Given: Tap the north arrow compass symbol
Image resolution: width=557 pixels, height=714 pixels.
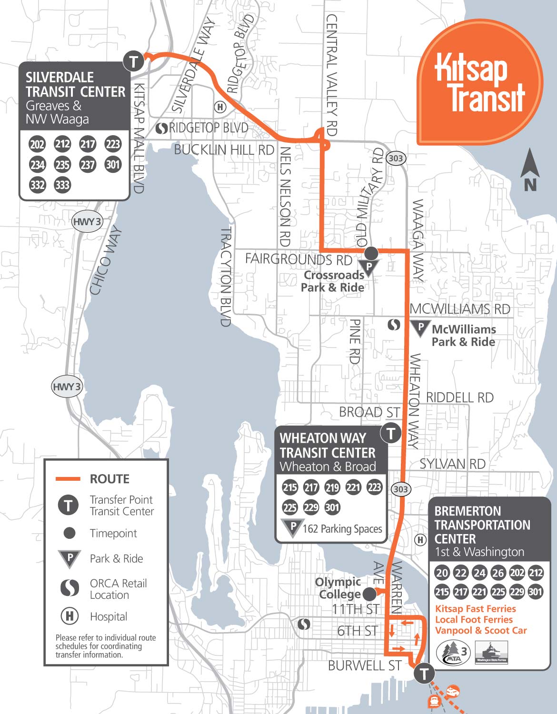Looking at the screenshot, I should (x=529, y=170).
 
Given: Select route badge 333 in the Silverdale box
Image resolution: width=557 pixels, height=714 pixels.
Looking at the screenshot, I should (x=62, y=185).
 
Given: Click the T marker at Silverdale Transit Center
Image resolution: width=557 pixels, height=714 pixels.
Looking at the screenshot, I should (x=133, y=61).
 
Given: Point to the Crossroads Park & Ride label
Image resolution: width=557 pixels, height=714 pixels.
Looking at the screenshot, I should (x=333, y=281).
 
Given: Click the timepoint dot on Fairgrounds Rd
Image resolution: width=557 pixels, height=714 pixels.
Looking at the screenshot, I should (x=371, y=252).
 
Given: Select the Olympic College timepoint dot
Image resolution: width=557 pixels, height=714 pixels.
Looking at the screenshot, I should (x=369, y=594).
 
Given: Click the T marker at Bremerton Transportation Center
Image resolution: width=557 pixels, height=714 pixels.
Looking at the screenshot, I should (x=424, y=674).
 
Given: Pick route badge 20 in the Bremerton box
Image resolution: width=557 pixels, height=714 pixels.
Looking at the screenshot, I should (x=442, y=573).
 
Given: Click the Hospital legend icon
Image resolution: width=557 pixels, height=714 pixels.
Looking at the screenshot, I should (x=70, y=616).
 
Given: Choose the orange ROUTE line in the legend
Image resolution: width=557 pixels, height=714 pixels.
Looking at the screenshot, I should (x=68, y=479).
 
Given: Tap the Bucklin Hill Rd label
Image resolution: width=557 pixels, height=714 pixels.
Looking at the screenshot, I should (x=224, y=149).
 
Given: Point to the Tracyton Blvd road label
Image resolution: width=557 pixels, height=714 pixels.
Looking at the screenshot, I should (x=226, y=276).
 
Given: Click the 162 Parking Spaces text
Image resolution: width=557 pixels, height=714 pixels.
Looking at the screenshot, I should (x=342, y=529).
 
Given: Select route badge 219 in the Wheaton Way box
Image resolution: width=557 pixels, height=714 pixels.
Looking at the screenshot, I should (x=332, y=487).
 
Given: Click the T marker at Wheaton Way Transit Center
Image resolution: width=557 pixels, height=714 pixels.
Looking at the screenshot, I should (x=391, y=433).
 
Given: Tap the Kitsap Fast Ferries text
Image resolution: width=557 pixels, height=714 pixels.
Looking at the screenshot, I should (x=475, y=608).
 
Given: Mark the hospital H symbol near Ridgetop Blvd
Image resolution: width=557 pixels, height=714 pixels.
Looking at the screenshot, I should (x=219, y=107).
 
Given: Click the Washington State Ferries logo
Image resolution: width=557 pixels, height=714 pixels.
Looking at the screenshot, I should (x=491, y=652).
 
